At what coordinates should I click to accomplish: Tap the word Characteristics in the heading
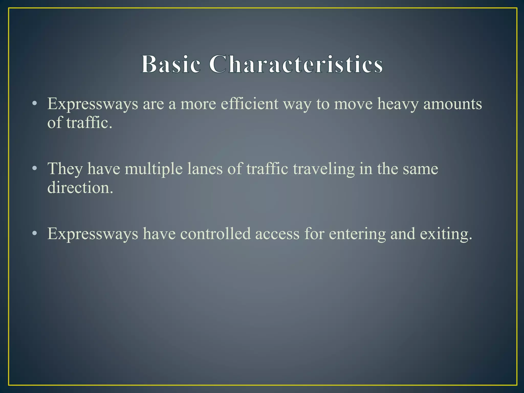point(296,64)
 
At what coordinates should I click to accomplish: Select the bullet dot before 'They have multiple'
point(35,169)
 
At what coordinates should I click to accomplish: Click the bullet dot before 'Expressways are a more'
point(35,104)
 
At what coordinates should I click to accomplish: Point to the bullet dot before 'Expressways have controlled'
point(35,234)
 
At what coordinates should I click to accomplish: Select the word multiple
point(154,169)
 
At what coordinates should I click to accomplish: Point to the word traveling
point(324,169)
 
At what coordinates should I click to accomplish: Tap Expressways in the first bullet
point(93,104)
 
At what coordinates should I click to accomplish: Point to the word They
point(65,169)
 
